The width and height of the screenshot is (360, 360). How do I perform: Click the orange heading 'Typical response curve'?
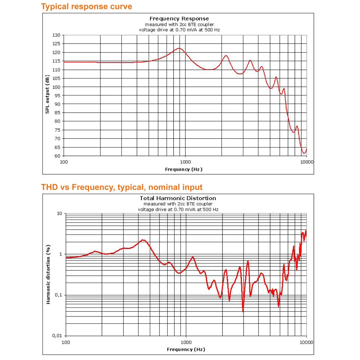(x=86, y=6)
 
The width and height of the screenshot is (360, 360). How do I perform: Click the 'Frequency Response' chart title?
(x=179, y=19)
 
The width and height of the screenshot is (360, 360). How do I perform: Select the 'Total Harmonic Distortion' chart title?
(x=178, y=198)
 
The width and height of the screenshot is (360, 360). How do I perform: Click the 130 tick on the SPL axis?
(x=56, y=35)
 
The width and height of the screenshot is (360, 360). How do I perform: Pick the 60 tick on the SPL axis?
(x=58, y=156)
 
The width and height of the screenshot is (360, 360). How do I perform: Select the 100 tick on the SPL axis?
(x=56, y=87)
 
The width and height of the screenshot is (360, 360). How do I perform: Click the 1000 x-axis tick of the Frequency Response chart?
(x=185, y=162)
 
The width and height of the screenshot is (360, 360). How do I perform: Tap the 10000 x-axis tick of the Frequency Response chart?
(x=307, y=162)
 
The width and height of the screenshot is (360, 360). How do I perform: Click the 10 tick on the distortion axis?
(x=59, y=213)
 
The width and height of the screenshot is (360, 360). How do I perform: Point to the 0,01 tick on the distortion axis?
(x=57, y=336)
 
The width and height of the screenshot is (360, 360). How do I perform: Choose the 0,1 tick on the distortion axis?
(x=58, y=295)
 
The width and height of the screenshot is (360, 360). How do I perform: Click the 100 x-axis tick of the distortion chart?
(x=66, y=342)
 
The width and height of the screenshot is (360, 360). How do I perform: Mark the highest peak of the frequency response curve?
(x=179, y=48)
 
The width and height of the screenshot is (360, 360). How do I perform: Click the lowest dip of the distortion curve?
(x=243, y=310)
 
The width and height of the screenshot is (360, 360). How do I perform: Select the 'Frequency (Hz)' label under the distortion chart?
(x=186, y=349)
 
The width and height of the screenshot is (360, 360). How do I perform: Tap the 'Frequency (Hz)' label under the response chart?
(x=184, y=169)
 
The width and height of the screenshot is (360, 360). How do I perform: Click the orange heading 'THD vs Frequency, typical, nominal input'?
(x=122, y=187)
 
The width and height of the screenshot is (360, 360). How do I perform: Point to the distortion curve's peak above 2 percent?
(x=143, y=240)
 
